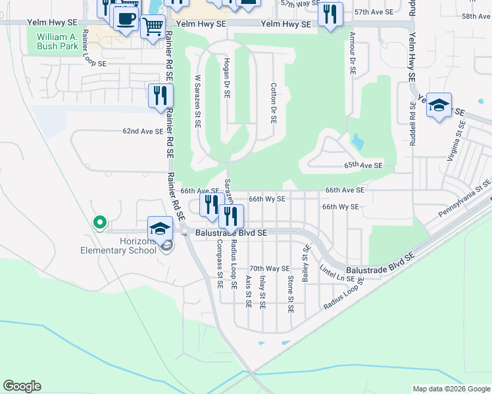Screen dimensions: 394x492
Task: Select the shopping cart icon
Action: pyautogui.click(x=153, y=27)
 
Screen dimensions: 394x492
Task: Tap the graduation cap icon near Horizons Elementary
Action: pyautogui.click(x=159, y=229)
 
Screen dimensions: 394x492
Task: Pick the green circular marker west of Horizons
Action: pyautogui.click(x=100, y=223)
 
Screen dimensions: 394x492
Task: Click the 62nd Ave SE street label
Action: pyautogui.click(x=143, y=131)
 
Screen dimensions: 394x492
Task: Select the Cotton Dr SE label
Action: pyautogui.click(x=273, y=103)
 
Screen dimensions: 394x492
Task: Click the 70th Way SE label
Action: pyautogui.click(x=270, y=269)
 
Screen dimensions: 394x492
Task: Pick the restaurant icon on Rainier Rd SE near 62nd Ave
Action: pyautogui.click(x=160, y=96)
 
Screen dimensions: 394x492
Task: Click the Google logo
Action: pyautogui.click(x=22, y=386)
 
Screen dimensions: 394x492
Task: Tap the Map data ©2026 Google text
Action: pyautogui.click(x=451, y=389)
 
